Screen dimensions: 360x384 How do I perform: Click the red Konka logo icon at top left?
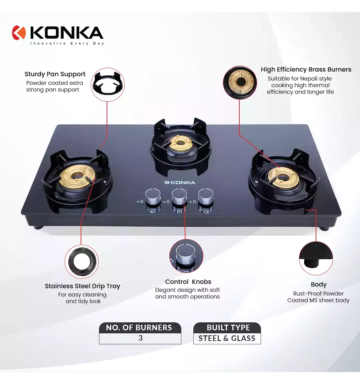(x=19, y=33)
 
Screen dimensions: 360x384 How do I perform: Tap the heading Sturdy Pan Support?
(x=55, y=74)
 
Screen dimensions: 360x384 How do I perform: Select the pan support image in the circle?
(x=108, y=84)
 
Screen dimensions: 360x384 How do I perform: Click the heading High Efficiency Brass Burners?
(x=306, y=70)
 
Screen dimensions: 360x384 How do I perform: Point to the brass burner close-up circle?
(x=240, y=83)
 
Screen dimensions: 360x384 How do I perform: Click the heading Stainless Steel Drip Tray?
(x=83, y=286)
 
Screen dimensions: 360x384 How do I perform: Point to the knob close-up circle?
(x=186, y=256)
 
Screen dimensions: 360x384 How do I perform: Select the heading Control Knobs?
(x=188, y=282)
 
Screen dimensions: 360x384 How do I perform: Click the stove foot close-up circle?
(x=316, y=258)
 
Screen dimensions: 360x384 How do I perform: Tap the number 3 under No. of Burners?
(x=141, y=338)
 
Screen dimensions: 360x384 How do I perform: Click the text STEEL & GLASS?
(x=227, y=338)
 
